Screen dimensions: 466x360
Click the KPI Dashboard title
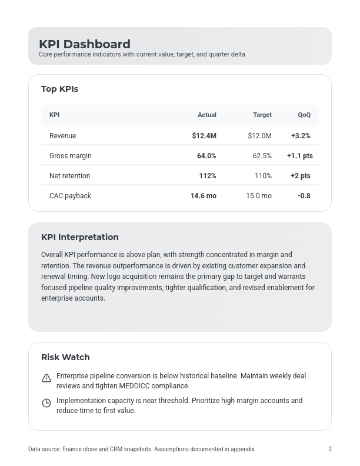tap(85, 44)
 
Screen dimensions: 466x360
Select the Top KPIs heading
tap(59, 89)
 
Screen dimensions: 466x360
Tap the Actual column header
tap(207, 115)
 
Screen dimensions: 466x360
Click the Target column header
tap(262, 115)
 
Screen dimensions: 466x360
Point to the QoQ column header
tap(304, 115)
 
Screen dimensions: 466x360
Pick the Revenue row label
tap(63, 136)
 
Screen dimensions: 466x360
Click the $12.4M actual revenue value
tap(204, 136)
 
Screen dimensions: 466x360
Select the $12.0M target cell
tap(260, 136)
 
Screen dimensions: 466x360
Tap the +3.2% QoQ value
tap(301, 136)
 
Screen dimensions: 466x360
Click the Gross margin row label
tap(71, 156)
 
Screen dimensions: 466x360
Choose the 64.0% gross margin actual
tap(206, 156)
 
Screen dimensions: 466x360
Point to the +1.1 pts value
tap(299, 156)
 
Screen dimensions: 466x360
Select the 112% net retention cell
tap(208, 176)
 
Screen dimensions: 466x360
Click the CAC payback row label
tap(70, 196)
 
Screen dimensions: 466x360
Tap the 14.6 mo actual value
tap(204, 196)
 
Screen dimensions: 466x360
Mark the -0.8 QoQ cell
tap(304, 196)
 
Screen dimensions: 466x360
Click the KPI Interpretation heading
tap(80, 237)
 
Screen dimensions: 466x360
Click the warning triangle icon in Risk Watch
tap(46, 378)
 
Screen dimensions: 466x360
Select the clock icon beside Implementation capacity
tap(46, 403)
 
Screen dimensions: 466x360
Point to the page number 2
tap(330, 450)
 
